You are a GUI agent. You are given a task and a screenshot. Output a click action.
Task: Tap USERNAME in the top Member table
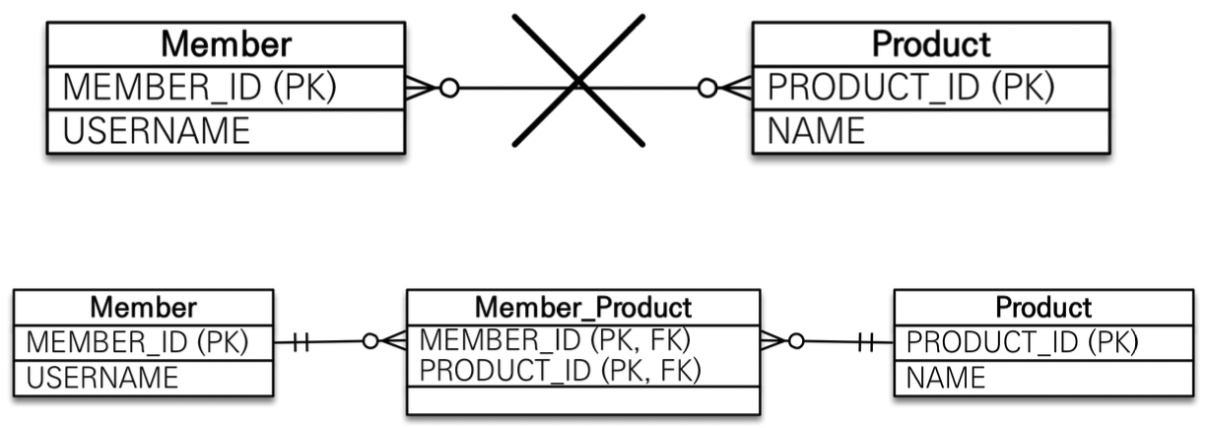click(157, 130)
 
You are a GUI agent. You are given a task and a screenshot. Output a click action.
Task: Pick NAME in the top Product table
click(816, 130)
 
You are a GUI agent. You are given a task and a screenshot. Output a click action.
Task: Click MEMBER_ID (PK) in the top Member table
click(200, 87)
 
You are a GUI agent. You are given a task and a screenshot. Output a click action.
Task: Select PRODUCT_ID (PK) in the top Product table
click(910, 87)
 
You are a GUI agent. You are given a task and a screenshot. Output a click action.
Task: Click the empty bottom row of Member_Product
click(583, 399)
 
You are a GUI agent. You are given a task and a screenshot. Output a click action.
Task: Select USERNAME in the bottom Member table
click(102, 378)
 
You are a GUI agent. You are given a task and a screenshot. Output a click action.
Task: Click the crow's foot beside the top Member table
click(422, 88)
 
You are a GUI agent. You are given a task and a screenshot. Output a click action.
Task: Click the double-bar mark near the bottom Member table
click(302, 343)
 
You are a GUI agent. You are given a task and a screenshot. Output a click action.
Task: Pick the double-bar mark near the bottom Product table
click(866, 343)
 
